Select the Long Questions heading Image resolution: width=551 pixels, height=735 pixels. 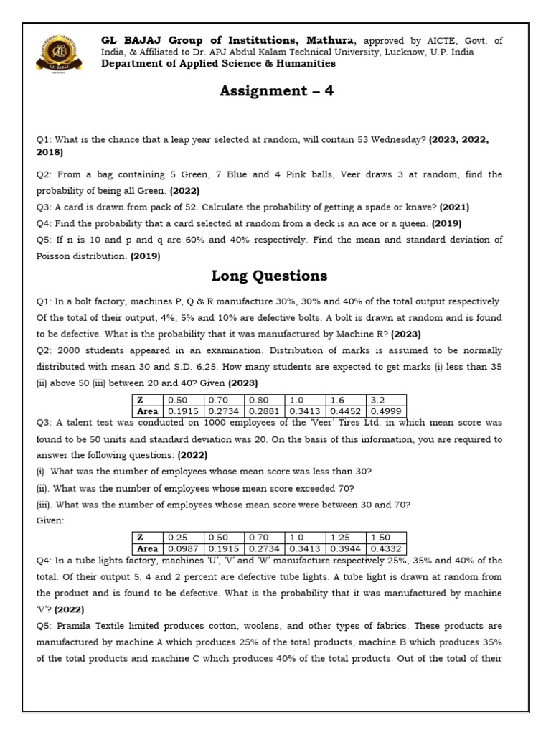click(269, 276)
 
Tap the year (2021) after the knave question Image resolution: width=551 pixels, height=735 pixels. click(454, 207)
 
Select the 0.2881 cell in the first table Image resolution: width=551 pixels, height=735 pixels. click(265, 411)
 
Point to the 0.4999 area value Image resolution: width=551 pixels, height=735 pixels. click(385, 411)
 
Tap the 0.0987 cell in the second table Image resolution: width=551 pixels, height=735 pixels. click(183, 549)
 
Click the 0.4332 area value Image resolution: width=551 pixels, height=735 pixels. click(385, 549)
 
